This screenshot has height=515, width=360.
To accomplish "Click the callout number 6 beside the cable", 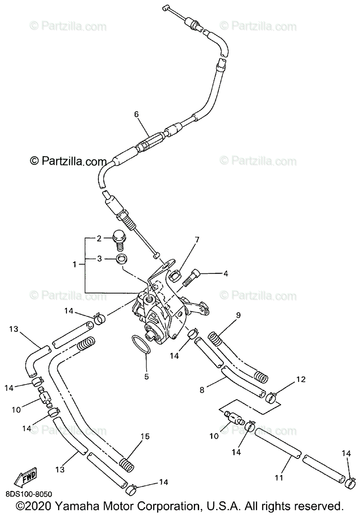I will point(136,114).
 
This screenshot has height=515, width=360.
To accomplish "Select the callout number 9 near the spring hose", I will point(238,315).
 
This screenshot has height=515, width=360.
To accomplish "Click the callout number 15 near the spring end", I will point(145,437).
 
